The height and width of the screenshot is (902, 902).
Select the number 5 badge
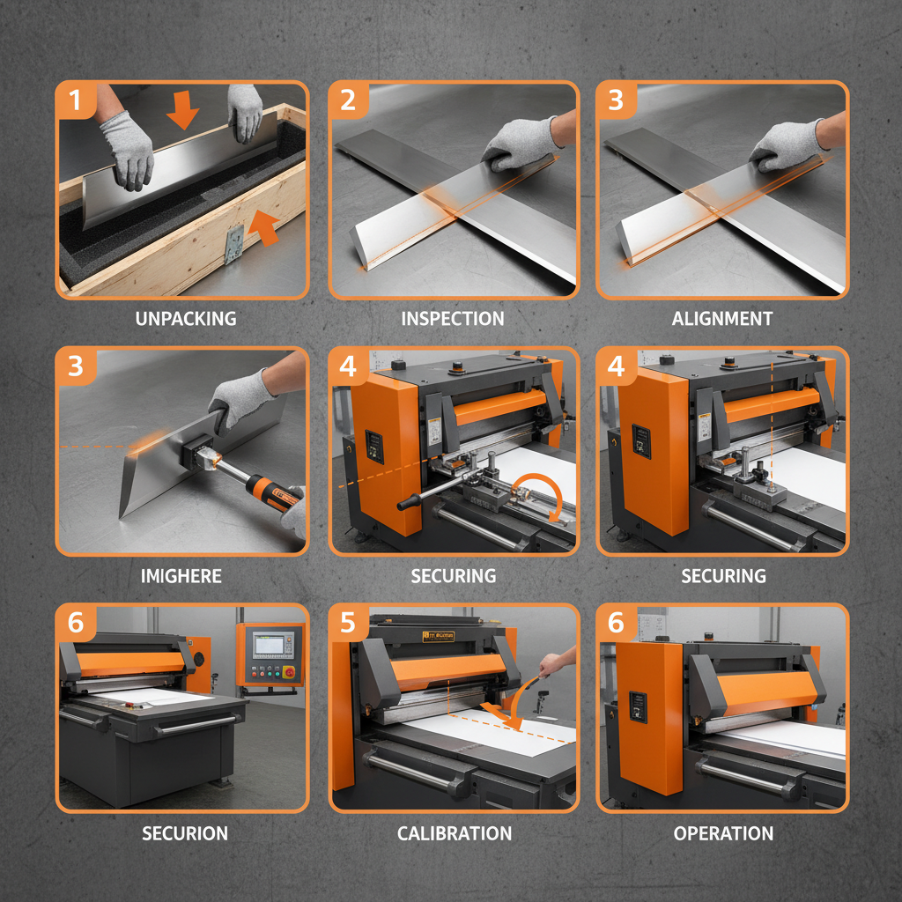348,623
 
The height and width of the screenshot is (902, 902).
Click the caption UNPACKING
186,319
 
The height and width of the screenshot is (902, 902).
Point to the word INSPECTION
453,319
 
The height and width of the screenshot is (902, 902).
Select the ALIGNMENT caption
722,319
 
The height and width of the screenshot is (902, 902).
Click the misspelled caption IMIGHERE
181,577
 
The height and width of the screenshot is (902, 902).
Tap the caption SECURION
185,833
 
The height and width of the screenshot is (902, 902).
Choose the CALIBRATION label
454,833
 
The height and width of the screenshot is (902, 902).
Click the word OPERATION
723,833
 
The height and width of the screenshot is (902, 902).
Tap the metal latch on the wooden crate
233,243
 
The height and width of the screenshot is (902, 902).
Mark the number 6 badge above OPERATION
616,623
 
